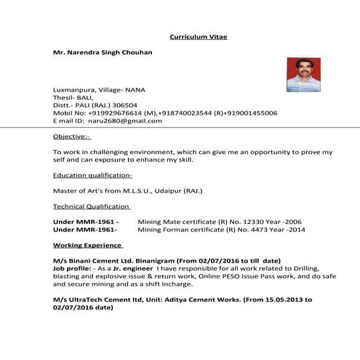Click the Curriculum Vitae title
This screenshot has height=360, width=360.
pos(199,36)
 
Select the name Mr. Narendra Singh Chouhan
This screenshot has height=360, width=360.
pos(103,53)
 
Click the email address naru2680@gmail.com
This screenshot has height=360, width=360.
pos(121,121)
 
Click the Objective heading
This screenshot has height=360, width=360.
pos(72,136)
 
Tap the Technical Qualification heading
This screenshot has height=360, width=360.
pos(92,206)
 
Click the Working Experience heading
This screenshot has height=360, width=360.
pos(88,245)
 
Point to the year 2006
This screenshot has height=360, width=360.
pos(293,221)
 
